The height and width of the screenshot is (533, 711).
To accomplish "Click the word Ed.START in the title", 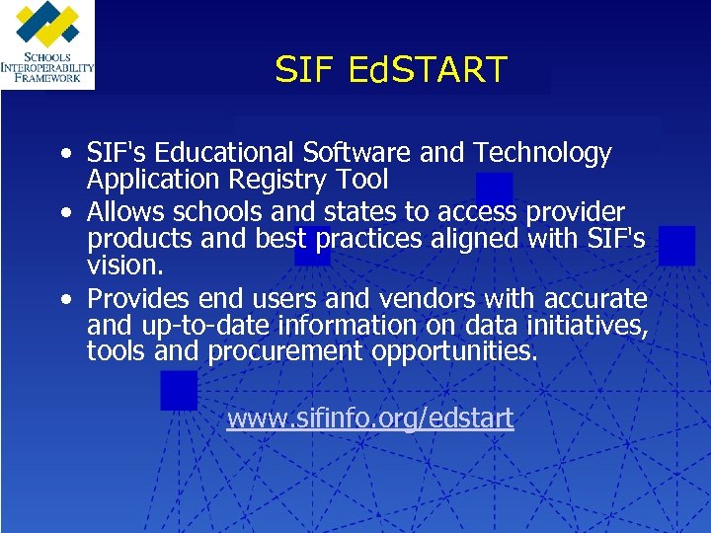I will (x=427, y=70).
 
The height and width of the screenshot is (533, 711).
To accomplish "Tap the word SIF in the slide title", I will (x=305, y=70).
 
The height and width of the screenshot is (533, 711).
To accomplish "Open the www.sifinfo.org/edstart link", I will (x=369, y=419).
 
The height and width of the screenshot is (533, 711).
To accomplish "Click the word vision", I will (x=122, y=266).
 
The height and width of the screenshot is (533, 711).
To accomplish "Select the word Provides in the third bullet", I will (x=138, y=299).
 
